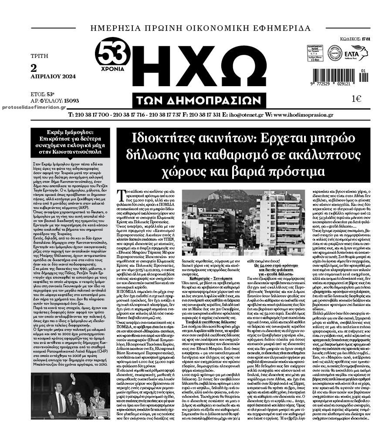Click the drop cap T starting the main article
point(120,194)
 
